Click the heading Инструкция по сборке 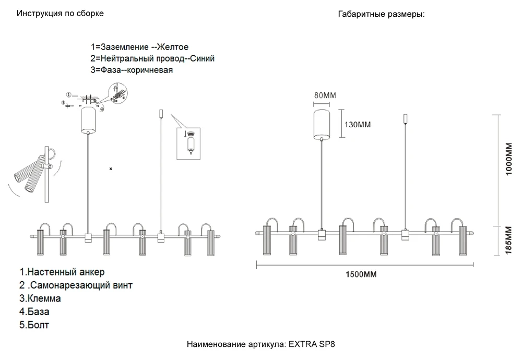[60, 14]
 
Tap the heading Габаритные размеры [382, 14]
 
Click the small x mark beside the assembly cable [111, 169]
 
